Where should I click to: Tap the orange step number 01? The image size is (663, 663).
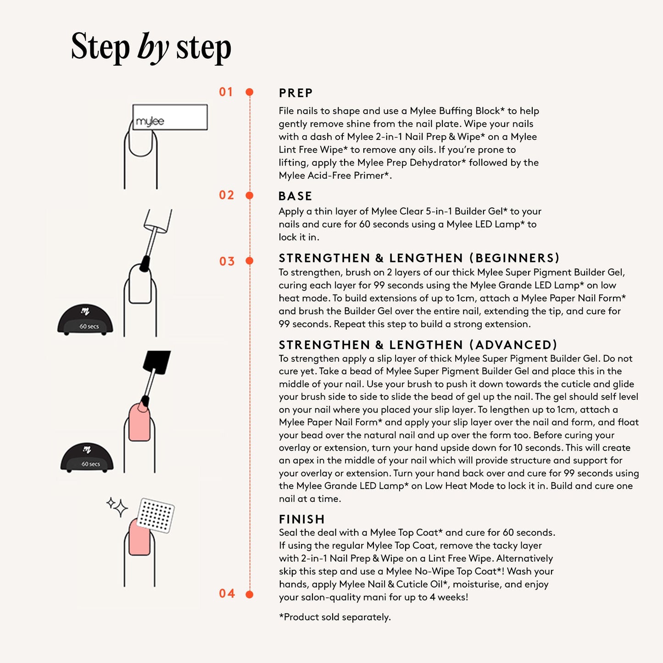[226, 92]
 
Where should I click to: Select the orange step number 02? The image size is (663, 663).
[226, 195]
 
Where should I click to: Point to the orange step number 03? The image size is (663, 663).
[227, 261]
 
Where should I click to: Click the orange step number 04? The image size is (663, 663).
[227, 593]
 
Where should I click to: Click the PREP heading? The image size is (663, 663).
[295, 93]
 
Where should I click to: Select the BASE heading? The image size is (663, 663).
[295, 196]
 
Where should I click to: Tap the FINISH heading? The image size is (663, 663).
[302, 519]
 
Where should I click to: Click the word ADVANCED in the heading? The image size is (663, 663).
[513, 345]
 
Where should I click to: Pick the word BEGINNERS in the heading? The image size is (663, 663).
[515, 258]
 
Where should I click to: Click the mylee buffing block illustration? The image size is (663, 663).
[170, 117]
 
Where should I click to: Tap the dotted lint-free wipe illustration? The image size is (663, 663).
[156, 515]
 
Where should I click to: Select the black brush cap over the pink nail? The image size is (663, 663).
[156, 362]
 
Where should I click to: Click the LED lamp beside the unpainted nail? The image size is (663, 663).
[85, 319]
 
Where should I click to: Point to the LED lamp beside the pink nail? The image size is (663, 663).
[87, 457]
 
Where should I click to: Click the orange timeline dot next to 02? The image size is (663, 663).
[250, 195]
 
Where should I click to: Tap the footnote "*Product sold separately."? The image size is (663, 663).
[335, 617]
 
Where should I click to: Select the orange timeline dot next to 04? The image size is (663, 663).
[250, 594]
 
